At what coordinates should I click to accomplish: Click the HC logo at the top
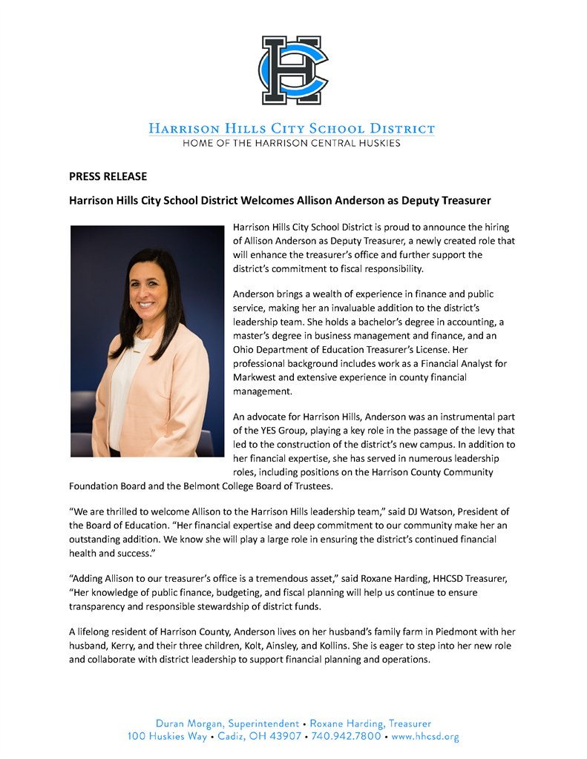tap(294, 70)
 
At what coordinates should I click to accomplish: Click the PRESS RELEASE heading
tap(108, 176)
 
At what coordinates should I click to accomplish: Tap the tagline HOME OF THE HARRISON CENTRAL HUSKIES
tap(292, 143)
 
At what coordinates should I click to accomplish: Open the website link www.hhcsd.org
tap(425, 737)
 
